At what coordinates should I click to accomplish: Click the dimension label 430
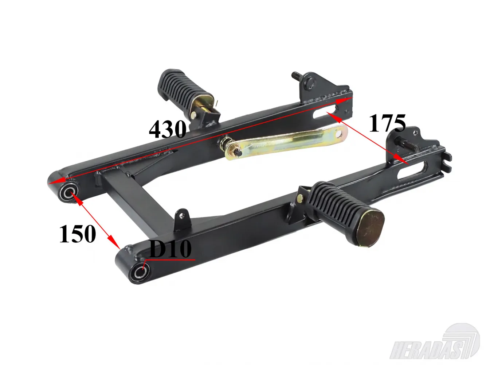[x=167, y=129]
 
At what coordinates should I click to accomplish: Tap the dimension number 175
[x=387, y=123]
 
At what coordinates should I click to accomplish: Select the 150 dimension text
[x=78, y=234]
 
